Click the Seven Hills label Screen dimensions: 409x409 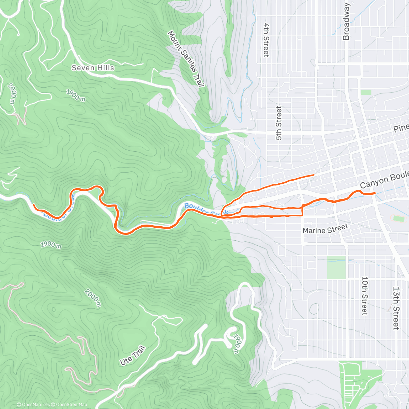point(93,68)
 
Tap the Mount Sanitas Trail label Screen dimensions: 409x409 point(186,59)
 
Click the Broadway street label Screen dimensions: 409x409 point(346,22)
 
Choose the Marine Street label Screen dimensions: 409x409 point(325,229)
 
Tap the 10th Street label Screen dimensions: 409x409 point(364,296)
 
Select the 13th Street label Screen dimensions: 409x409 point(396,308)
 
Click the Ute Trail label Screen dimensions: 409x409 point(133,355)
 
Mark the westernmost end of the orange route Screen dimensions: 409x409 point(33,204)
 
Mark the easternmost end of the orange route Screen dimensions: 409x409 point(375,193)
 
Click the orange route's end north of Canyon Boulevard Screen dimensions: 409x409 point(314,175)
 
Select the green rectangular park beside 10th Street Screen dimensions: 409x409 point(336,268)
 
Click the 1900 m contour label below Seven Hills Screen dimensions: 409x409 point(76,95)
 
